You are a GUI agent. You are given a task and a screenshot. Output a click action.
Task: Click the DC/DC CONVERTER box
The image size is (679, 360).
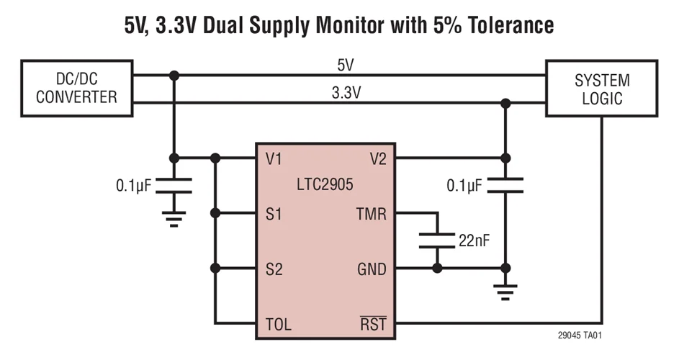click(x=76, y=88)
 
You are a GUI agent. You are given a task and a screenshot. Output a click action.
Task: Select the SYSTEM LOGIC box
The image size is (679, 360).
click(x=601, y=89)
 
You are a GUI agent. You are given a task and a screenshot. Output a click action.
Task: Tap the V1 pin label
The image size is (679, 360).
click(x=274, y=158)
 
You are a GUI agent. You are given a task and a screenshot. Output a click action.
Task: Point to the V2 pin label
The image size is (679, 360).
click(x=377, y=158)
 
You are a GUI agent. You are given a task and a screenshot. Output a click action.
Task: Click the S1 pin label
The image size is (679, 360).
click(x=274, y=214)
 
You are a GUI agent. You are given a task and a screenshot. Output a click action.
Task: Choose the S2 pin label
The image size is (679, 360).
click(x=274, y=269)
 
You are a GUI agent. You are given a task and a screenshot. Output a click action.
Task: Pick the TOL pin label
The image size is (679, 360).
click(x=278, y=324)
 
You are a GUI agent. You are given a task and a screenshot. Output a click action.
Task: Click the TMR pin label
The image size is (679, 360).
click(x=372, y=214)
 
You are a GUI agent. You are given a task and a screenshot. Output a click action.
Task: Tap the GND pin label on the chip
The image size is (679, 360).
click(x=372, y=269)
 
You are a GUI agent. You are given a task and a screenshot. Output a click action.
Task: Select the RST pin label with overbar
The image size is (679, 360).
click(x=373, y=324)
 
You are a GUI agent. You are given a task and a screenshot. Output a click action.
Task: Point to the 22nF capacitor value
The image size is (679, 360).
click(x=473, y=240)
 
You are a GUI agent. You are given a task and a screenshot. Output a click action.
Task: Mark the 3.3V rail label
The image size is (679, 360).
click(x=345, y=93)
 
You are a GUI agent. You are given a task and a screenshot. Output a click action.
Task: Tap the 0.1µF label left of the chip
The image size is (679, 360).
click(x=134, y=186)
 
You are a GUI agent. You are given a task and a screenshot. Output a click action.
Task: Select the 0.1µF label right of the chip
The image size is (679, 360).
click(x=464, y=186)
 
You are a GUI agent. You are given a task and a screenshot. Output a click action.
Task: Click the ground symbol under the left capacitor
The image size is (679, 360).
click(x=174, y=218)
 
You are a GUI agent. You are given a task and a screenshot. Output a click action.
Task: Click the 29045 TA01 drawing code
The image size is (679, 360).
click(x=579, y=336)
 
